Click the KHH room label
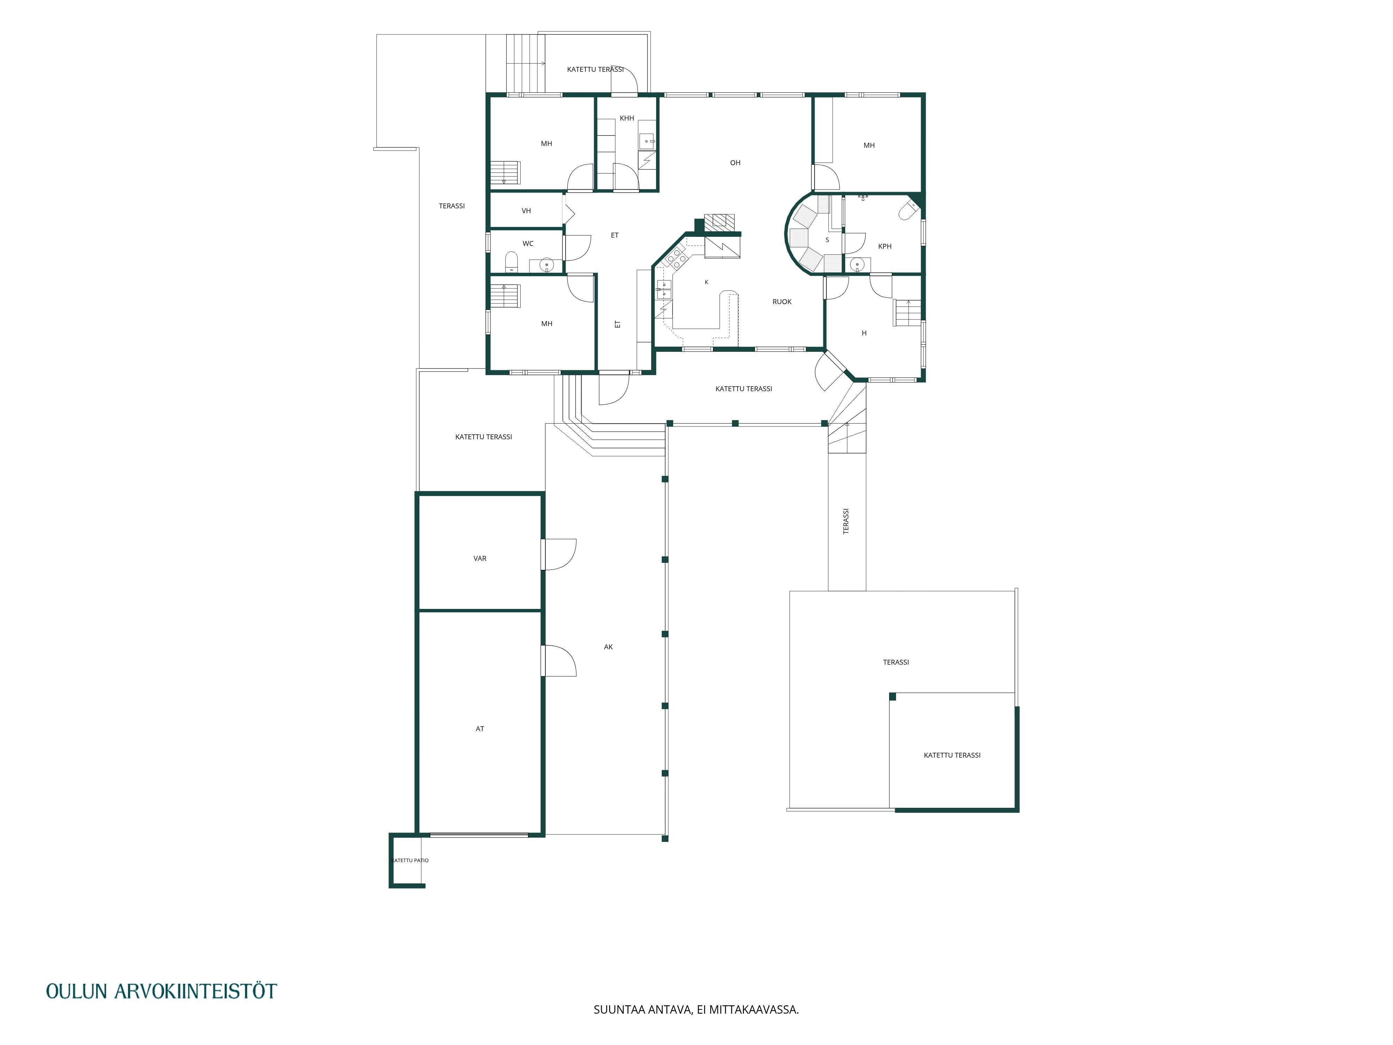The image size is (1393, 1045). [x=627, y=118]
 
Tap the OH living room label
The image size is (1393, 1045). [x=735, y=163]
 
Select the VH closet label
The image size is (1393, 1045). [x=527, y=211]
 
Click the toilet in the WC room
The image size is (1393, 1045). [x=511, y=261]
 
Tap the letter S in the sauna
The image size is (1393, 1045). [x=827, y=240]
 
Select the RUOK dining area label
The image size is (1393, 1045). [x=782, y=302]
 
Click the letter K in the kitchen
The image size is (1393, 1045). [x=707, y=282]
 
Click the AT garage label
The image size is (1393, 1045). [x=480, y=729]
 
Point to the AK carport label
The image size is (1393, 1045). [x=608, y=647]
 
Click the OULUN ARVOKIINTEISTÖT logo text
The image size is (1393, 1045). [x=162, y=991]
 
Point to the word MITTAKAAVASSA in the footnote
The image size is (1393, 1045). [x=754, y=1027]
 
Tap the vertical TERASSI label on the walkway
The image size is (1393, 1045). [x=846, y=521]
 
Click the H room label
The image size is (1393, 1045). [x=864, y=333]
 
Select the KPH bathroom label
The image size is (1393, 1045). [x=885, y=246]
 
